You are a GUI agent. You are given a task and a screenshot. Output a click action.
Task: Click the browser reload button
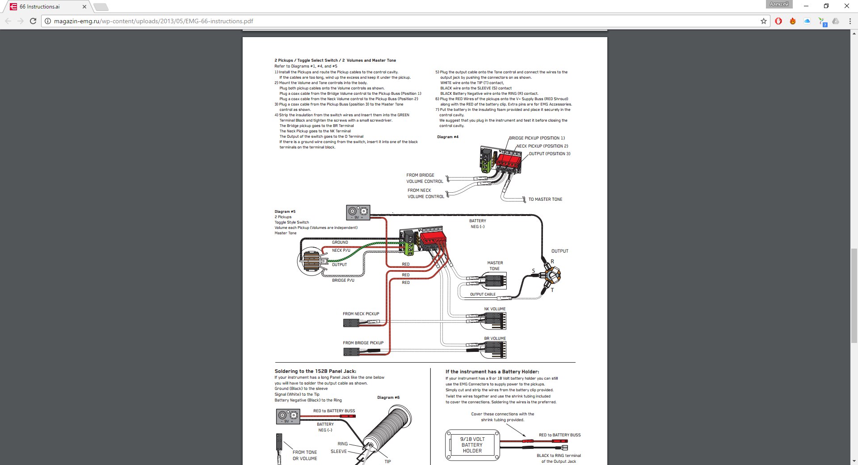pyautogui.click(x=33, y=21)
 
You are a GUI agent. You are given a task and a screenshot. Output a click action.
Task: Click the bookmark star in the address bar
pyautogui.click(x=763, y=21)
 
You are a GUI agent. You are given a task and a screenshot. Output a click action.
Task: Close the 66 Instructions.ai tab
pyautogui.click(x=84, y=7)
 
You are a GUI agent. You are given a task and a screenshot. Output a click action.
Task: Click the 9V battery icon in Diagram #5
pyautogui.click(x=358, y=212)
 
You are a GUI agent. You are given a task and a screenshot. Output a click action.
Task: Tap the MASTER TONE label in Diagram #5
pyautogui.click(x=495, y=266)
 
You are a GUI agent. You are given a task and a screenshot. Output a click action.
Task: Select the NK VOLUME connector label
pyautogui.click(x=495, y=309)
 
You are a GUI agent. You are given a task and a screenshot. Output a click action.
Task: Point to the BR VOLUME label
pyautogui.click(x=495, y=338)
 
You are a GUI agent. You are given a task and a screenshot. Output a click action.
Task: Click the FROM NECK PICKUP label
pyautogui.click(x=361, y=314)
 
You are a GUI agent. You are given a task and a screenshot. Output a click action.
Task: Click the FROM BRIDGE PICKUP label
pyautogui.click(x=363, y=343)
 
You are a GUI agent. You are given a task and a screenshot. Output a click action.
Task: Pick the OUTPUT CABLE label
pyautogui.click(x=483, y=294)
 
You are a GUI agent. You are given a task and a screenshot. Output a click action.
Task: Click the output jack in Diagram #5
pyautogui.click(x=552, y=275)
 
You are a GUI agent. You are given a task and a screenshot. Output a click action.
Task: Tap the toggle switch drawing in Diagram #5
pyautogui.click(x=311, y=261)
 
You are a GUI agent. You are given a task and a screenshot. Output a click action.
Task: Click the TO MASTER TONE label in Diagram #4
pyautogui.click(x=545, y=199)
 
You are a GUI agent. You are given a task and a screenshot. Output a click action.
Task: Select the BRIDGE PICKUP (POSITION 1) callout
pyautogui.click(x=537, y=138)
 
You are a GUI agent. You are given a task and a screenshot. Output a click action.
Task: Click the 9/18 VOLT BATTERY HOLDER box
pyautogui.click(x=472, y=445)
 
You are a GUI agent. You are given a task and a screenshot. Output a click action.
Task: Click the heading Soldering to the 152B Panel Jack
pyautogui.click(x=315, y=371)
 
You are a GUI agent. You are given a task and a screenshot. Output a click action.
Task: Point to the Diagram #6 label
pyautogui.click(x=388, y=397)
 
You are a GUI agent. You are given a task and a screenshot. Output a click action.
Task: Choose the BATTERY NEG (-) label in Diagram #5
pyautogui.click(x=477, y=224)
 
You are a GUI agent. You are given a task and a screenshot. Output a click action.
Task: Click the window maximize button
pyautogui.click(x=826, y=6)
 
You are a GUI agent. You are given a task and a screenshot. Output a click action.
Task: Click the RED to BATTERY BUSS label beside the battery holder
pyautogui.click(x=559, y=435)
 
